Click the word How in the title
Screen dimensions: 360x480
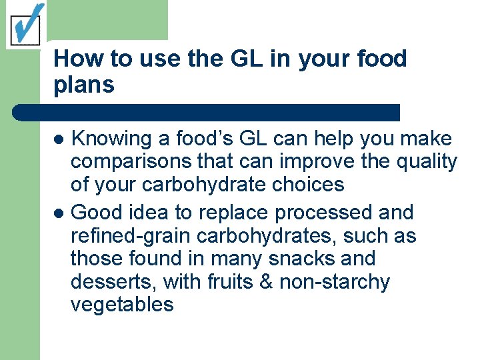pyautogui.click(x=71, y=59)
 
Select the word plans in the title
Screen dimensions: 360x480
pyautogui.click(x=84, y=85)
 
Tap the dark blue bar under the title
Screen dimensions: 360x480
pyautogui.click(x=207, y=112)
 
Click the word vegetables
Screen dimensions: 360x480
pyautogui.click(x=122, y=305)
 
